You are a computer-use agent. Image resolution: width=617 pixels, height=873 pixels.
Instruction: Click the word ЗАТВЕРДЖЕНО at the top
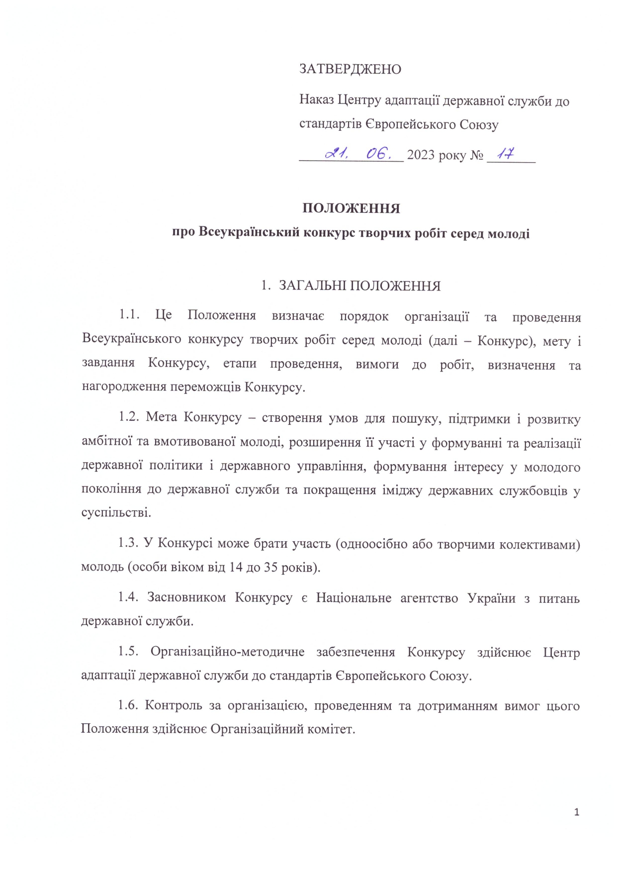point(350,69)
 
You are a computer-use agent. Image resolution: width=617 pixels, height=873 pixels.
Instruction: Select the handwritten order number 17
point(506,154)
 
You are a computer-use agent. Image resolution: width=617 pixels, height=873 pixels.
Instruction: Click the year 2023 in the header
point(421,155)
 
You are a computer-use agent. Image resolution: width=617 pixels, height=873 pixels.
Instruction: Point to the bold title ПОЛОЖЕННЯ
point(351,208)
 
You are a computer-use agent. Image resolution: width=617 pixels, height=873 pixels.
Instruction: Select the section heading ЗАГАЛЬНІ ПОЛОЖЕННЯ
point(359,286)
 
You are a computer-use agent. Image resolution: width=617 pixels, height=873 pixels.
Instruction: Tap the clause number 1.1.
point(129,315)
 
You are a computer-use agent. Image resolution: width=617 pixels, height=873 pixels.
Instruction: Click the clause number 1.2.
point(129,417)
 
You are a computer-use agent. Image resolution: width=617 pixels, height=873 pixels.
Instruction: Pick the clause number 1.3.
point(128,543)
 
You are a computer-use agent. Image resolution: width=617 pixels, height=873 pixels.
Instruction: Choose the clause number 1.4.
point(128,597)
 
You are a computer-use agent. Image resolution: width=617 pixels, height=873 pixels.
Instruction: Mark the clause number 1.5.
point(128,652)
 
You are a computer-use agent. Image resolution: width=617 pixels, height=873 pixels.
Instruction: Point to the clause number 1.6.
point(128,705)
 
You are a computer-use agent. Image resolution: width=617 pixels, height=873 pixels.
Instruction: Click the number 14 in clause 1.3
point(236,567)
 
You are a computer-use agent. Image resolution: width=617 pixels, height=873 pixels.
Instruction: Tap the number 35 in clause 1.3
point(271,567)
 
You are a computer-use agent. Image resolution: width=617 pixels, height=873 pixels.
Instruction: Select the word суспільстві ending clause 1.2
point(116,512)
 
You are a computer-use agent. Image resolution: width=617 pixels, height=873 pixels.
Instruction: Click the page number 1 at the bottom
point(577,813)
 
